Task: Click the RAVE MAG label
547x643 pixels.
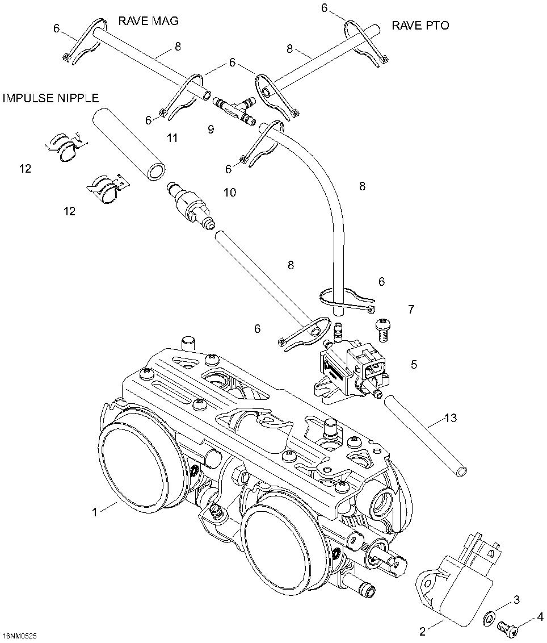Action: tap(148, 22)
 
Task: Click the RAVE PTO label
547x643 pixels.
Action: tap(420, 26)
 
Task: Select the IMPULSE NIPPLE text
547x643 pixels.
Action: tap(51, 98)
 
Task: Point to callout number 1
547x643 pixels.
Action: tap(95, 512)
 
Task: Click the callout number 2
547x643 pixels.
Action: tap(423, 631)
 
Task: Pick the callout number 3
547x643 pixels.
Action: tap(516, 599)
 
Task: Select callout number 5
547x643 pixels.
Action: tap(414, 364)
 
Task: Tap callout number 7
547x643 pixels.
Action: tap(411, 310)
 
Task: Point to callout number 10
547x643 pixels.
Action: tap(229, 193)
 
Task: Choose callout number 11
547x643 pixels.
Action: tap(172, 138)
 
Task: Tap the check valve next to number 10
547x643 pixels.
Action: tap(191, 207)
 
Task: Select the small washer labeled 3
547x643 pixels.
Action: tap(489, 617)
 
